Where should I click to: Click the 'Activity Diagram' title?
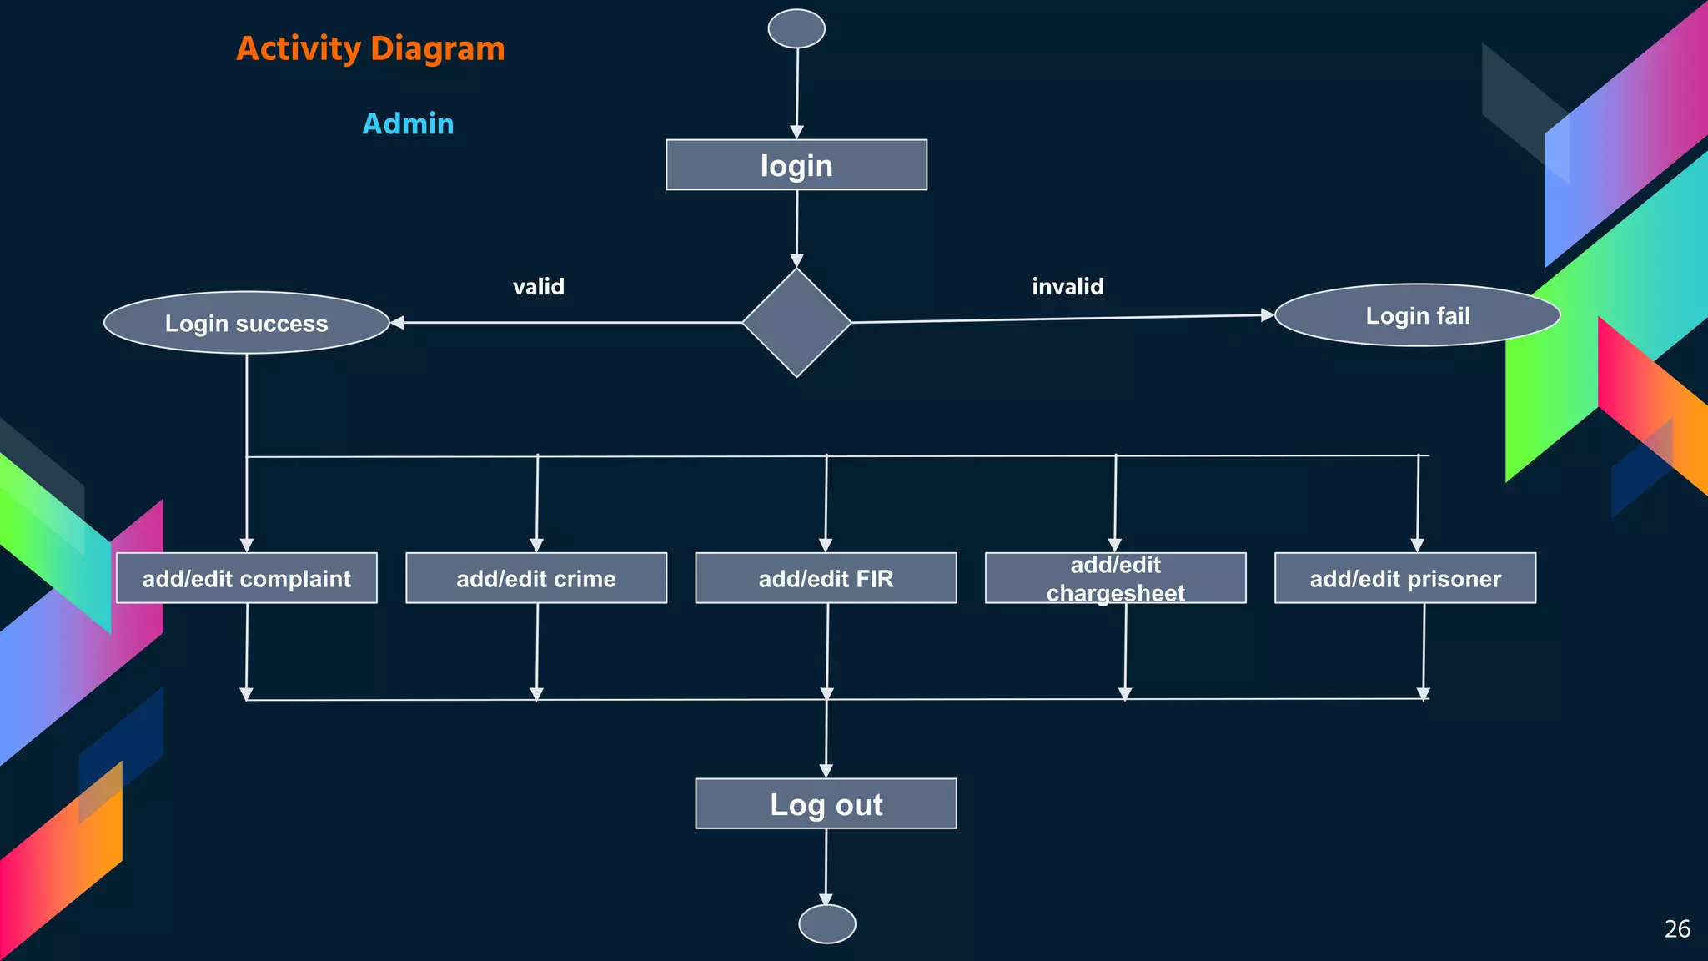click(370, 48)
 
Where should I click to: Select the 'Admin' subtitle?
click(408, 123)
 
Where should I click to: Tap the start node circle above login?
click(796, 28)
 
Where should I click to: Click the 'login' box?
click(796, 165)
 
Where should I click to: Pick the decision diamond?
click(796, 323)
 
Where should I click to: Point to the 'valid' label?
click(539, 287)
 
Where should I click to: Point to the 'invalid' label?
click(1067, 287)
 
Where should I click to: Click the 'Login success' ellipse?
click(246, 323)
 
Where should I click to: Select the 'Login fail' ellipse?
click(1417, 315)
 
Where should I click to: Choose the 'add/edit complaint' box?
click(246, 578)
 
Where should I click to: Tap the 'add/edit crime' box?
click(536, 578)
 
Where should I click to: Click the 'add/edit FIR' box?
click(826, 578)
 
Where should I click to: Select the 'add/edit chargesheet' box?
click(1115, 578)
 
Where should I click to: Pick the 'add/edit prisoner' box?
click(1405, 578)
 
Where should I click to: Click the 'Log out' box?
click(826, 804)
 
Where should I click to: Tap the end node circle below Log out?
click(826, 924)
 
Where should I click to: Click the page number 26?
click(1677, 929)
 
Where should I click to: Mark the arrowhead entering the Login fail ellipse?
click(1268, 315)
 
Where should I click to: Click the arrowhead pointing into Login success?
click(398, 323)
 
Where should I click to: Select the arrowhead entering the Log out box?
click(826, 771)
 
